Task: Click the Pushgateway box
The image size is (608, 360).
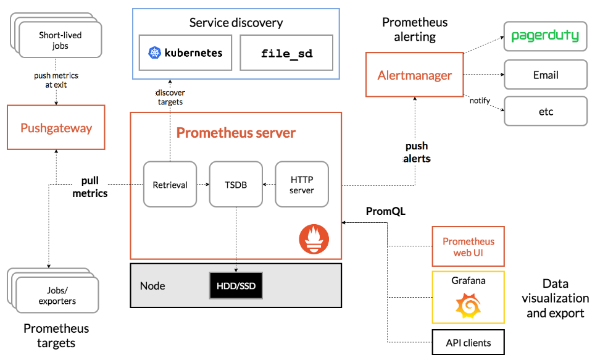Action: tap(56, 128)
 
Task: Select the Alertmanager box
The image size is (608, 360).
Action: tap(415, 75)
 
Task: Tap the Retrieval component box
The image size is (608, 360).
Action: tap(170, 184)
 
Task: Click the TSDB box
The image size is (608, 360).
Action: tap(236, 184)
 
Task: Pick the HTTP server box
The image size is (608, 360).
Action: tap(302, 184)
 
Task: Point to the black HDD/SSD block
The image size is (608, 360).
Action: tap(236, 287)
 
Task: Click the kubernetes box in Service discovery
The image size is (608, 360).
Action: tap(185, 53)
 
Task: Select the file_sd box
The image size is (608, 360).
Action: tap(286, 53)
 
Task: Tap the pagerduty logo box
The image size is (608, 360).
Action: tap(545, 36)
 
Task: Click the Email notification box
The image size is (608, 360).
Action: tap(545, 75)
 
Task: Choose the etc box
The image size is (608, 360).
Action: tap(545, 112)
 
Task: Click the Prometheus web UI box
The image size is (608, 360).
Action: tap(468, 247)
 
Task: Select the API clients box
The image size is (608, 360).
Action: tap(468, 342)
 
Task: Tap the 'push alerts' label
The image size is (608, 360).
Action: tap(417, 153)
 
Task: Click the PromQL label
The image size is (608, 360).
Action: tap(386, 211)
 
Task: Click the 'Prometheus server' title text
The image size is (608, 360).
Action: tap(236, 133)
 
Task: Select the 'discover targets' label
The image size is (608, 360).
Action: tap(170, 97)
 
